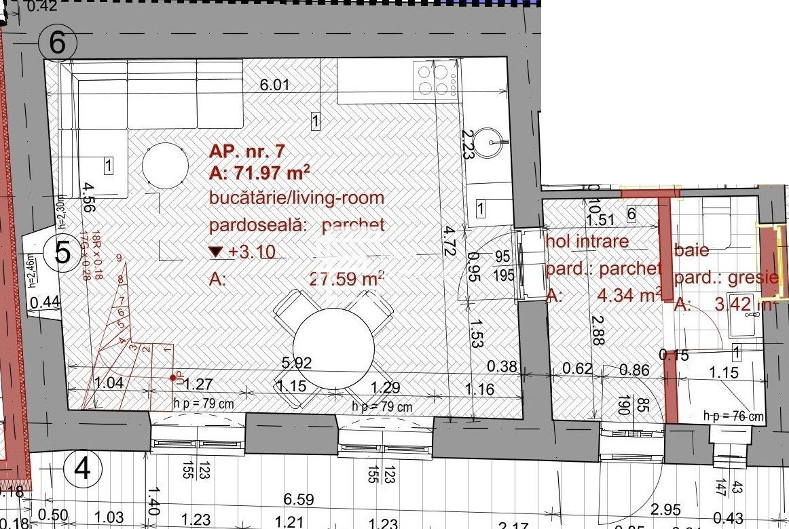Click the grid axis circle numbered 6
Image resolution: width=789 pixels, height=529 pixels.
(58, 43)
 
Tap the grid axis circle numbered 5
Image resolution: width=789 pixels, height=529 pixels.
(62, 253)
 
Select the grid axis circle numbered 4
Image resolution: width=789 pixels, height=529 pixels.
(83, 468)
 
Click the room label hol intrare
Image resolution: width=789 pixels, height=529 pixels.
(588, 241)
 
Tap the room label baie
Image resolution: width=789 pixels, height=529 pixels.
(692, 250)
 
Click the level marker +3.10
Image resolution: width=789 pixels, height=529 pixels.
(244, 252)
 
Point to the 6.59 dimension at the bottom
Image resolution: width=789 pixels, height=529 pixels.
(298, 500)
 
